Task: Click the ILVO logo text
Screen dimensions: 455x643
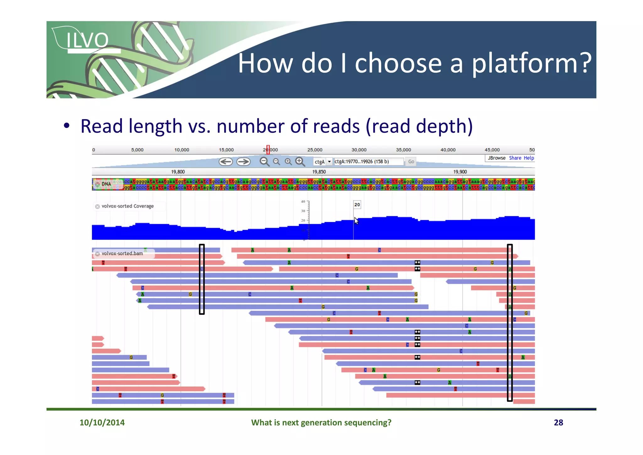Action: click(87, 41)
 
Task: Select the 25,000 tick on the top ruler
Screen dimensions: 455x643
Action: click(315, 150)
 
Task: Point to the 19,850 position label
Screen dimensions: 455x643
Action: click(319, 172)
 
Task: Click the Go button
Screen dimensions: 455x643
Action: click(411, 162)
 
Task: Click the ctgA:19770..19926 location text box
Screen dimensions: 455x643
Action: click(368, 162)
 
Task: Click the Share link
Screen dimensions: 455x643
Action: click(515, 158)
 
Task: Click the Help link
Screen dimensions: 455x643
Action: click(529, 158)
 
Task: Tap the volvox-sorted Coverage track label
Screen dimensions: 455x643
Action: click(127, 206)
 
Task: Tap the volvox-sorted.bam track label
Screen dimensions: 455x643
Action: click(122, 253)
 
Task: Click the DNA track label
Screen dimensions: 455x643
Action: click(106, 184)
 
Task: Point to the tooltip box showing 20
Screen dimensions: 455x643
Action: click(357, 205)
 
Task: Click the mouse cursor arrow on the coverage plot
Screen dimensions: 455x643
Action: click(356, 220)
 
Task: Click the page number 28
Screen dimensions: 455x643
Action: click(558, 422)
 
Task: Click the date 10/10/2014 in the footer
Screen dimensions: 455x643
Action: click(102, 422)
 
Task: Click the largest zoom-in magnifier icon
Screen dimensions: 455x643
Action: click(300, 162)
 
